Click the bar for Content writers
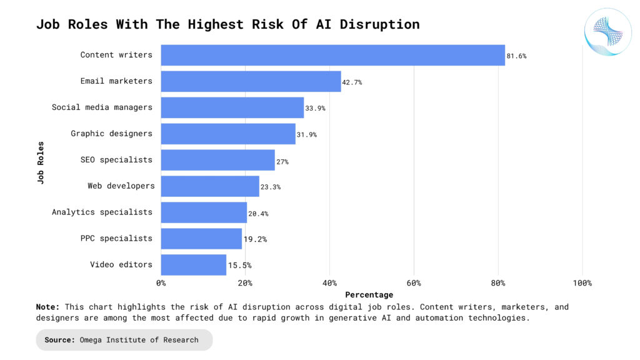click(332, 55)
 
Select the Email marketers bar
click(251, 81)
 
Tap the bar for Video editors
click(193, 265)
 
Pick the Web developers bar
click(210, 186)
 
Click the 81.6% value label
click(516, 56)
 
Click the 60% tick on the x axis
click(414, 283)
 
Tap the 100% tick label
click(582, 283)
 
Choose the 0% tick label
click(161, 283)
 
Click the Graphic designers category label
click(111, 134)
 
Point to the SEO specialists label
click(116, 160)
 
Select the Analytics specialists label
click(102, 212)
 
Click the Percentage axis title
click(369, 295)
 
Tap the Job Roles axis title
click(41, 162)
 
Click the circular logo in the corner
click(604, 32)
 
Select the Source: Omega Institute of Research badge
click(124, 340)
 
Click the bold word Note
click(47, 307)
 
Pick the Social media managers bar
click(232, 107)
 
